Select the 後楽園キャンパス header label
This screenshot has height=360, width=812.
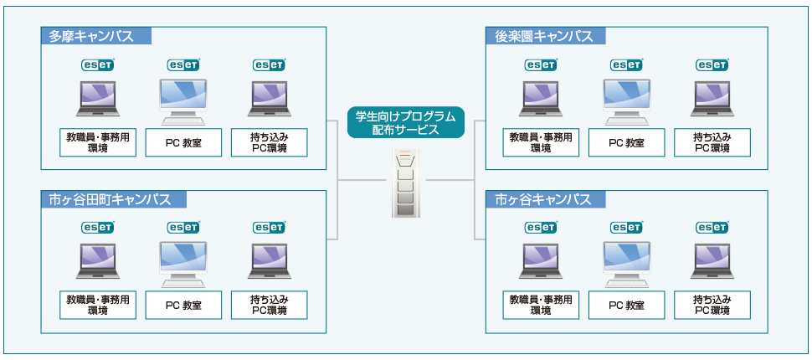[x=545, y=36]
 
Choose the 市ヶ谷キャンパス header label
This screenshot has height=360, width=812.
[x=544, y=199]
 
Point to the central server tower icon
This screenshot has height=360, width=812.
[x=405, y=183]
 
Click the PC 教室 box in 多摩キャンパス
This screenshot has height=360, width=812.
[x=183, y=142]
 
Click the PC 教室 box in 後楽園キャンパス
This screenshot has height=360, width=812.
[x=627, y=142]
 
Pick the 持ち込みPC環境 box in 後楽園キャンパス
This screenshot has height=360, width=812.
[x=712, y=142]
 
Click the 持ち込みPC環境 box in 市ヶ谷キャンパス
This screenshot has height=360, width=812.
[x=712, y=305]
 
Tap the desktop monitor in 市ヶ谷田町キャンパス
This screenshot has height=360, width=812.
[x=183, y=262]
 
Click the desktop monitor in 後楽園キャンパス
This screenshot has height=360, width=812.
[x=627, y=100]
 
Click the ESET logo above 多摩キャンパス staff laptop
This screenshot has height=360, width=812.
[x=98, y=64]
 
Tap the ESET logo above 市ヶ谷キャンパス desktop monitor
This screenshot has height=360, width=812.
[x=627, y=227]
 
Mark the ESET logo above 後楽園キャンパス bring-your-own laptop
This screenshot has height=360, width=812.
[x=712, y=64]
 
